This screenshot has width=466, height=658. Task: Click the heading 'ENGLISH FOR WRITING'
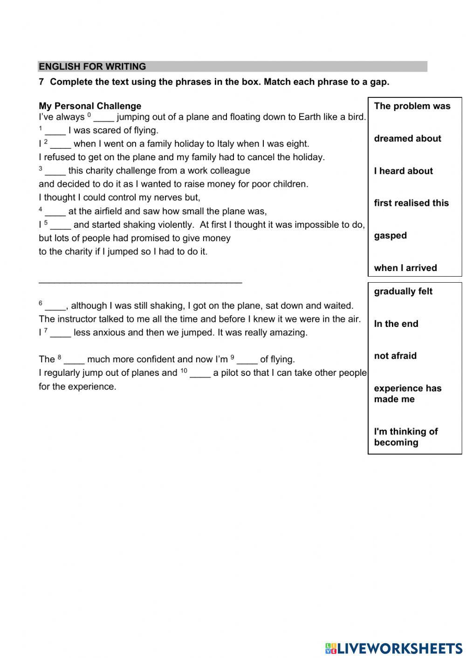point(92,67)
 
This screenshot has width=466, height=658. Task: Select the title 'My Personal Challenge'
point(90,106)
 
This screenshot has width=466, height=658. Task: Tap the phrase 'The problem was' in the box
point(412,106)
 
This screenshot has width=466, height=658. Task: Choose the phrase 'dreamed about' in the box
point(407,139)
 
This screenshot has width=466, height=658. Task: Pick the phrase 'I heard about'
point(403,171)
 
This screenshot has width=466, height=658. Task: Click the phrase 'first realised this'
point(411,203)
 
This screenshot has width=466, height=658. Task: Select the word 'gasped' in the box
point(390,236)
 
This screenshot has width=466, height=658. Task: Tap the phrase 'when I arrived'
point(405,268)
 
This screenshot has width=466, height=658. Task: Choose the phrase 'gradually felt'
point(403,292)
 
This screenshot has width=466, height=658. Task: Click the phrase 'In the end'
point(396,324)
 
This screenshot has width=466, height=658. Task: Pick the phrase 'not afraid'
point(395,356)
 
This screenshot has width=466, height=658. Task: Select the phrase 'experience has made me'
point(407,393)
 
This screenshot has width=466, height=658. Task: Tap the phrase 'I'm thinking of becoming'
point(405,437)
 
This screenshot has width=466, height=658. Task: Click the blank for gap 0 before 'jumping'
point(103,118)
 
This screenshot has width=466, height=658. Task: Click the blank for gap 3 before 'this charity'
point(55,171)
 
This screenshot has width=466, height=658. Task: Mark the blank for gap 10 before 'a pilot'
point(200,373)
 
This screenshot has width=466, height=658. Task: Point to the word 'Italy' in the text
point(227,144)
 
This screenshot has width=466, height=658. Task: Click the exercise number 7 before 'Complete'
point(41,82)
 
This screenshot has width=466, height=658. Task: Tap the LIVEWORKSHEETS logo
point(394,648)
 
